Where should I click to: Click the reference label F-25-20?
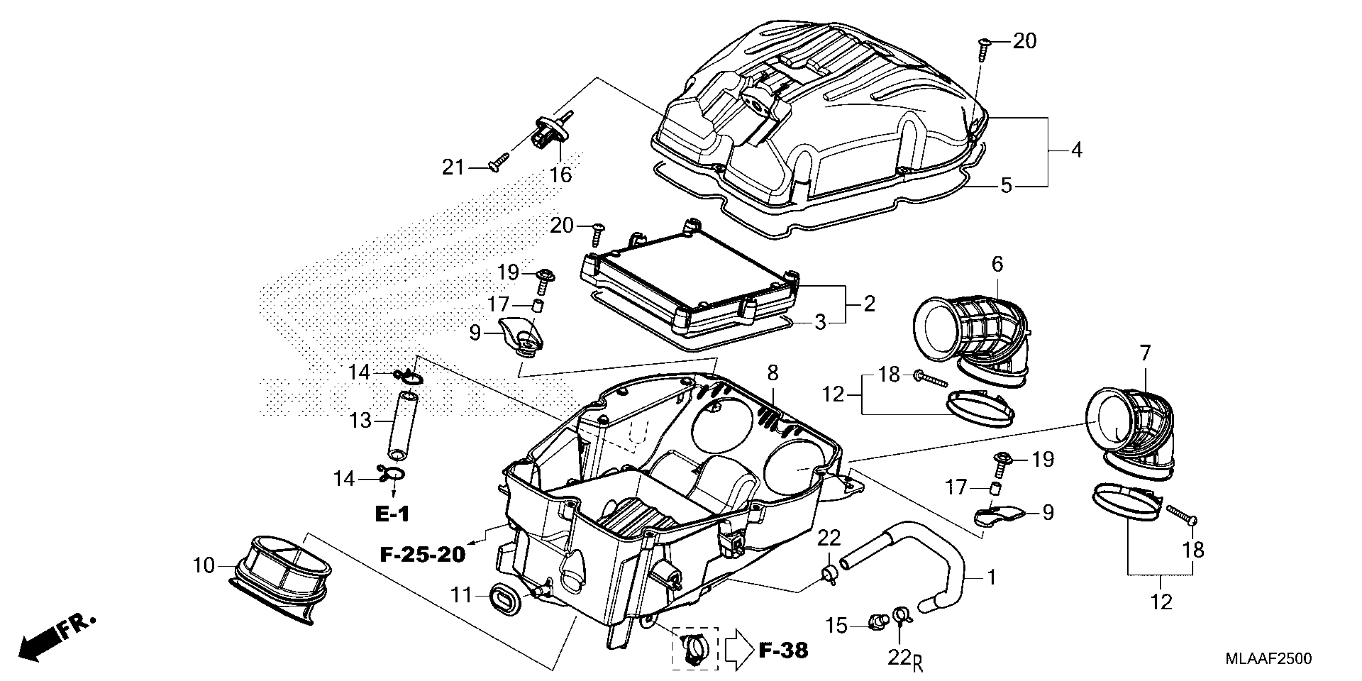pyautogui.click(x=423, y=554)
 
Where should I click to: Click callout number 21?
pyautogui.click(x=453, y=167)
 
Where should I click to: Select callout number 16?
pyautogui.click(x=560, y=175)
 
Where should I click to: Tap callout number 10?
pyautogui.click(x=203, y=566)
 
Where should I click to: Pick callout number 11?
pyautogui.click(x=461, y=595)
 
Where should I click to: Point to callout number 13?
pyautogui.click(x=361, y=421)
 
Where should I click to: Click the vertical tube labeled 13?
pyautogui.click(x=402, y=425)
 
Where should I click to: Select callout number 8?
pyautogui.click(x=772, y=373)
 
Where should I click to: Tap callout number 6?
pyautogui.click(x=997, y=264)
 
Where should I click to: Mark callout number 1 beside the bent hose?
pyautogui.click(x=992, y=577)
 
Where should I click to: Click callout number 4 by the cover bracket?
pyautogui.click(x=1076, y=150)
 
